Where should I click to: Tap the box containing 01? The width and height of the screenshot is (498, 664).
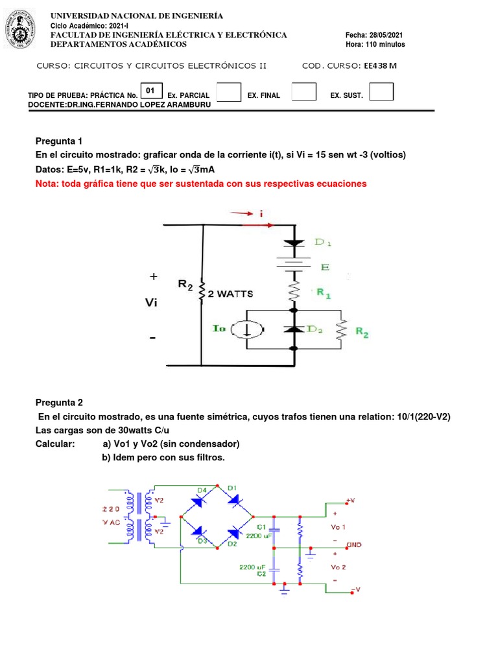(x=150, y=91)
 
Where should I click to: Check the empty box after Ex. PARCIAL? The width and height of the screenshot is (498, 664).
(x=228, y=93)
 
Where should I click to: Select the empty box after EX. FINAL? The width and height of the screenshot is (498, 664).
(x=304, y=93)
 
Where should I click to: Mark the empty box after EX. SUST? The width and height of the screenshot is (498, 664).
(x=381, y=92)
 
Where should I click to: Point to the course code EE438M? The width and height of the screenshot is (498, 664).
(x=380, y=65)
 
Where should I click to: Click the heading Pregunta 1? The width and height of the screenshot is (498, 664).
(x=59, y=141)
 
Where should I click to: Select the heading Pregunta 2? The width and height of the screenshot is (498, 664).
(x=59, y=402)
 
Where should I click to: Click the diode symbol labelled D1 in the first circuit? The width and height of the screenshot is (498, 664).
(x=296, y=243)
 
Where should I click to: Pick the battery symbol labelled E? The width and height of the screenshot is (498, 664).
(x=296, y=265)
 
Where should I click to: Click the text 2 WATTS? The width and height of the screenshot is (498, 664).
(x=230, y=294)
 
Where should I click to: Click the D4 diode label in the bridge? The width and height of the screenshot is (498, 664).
(x=202, y=490)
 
